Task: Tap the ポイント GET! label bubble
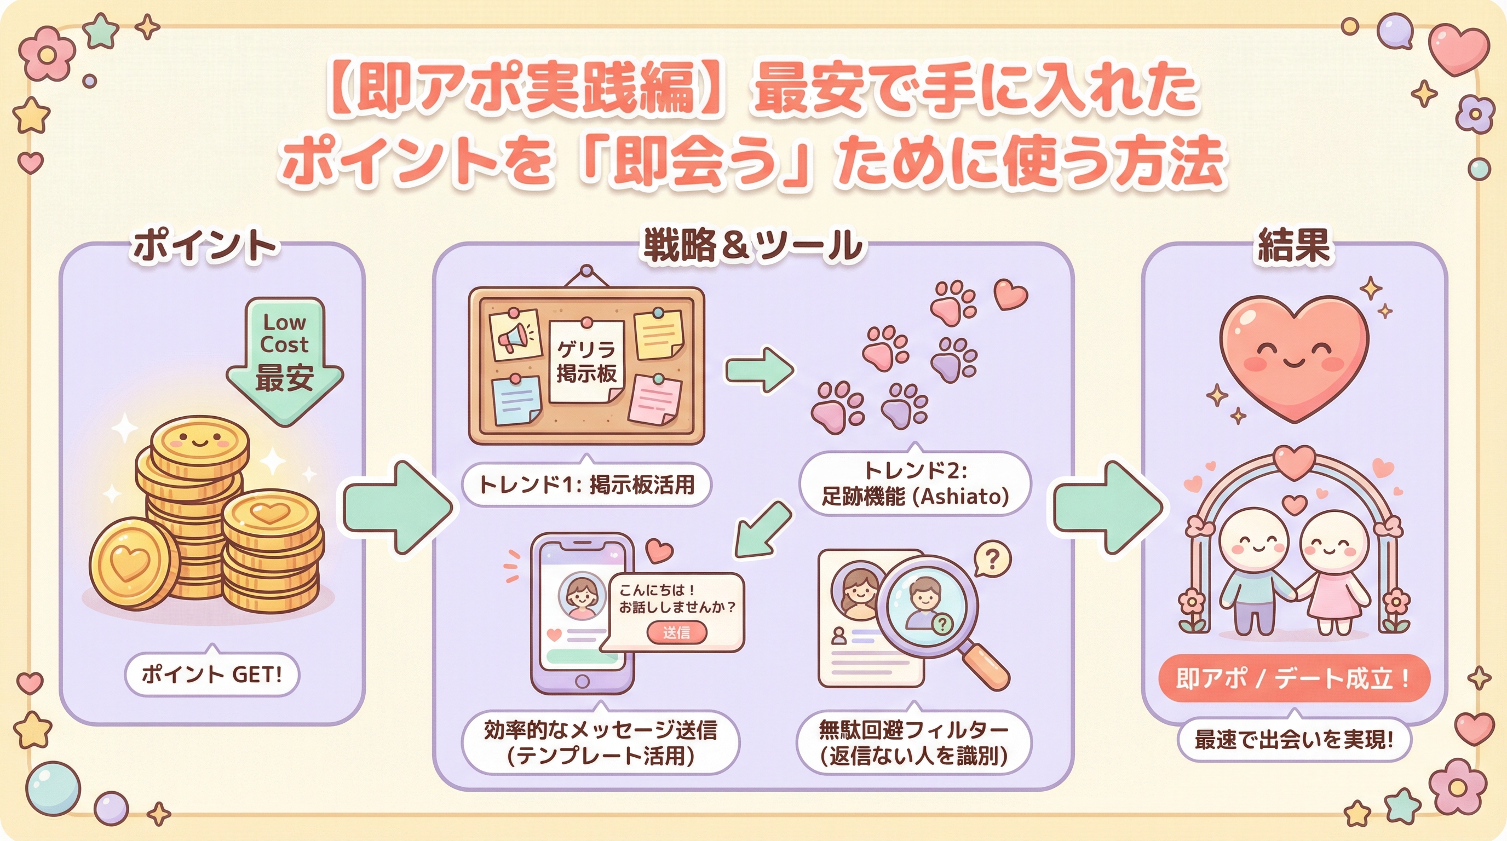(212, 675)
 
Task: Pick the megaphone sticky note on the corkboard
(515, 335)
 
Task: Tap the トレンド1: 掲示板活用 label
(586, 485)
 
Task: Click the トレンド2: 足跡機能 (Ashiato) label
(915, 484)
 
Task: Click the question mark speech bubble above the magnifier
(992, 559)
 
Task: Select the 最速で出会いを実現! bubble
(1293, 740)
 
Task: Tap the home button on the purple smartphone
(582, 681)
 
